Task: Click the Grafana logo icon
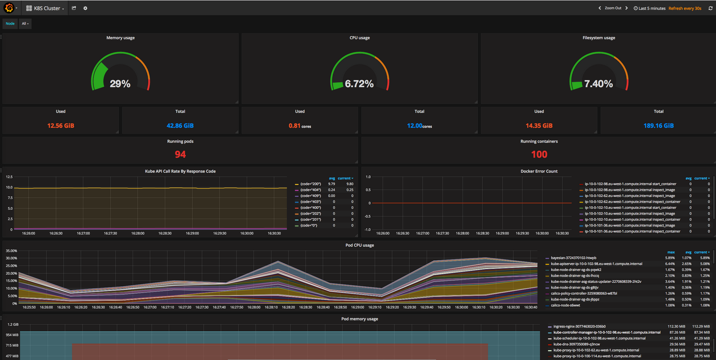pos(9,8)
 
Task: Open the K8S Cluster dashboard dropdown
pos(45,8)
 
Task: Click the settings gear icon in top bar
pos(85,8)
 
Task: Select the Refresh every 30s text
pos(685,8)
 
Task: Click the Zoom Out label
pos(613,8)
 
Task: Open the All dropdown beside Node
pos(25,24)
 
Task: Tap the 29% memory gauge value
pos(120,84)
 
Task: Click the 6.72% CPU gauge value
pos(359,84)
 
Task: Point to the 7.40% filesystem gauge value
pos(598,84)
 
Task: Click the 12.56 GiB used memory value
pos(61,126)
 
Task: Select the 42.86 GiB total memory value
pos(180,126)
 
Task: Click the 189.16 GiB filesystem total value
pos(658,126)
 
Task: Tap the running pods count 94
pos(180,154)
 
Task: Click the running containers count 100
pos(539,154)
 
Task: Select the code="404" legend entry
pos(311,190)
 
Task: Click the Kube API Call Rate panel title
pos(180,171)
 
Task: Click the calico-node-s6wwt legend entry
pos(565,305)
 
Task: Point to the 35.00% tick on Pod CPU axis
pos(11,251)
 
